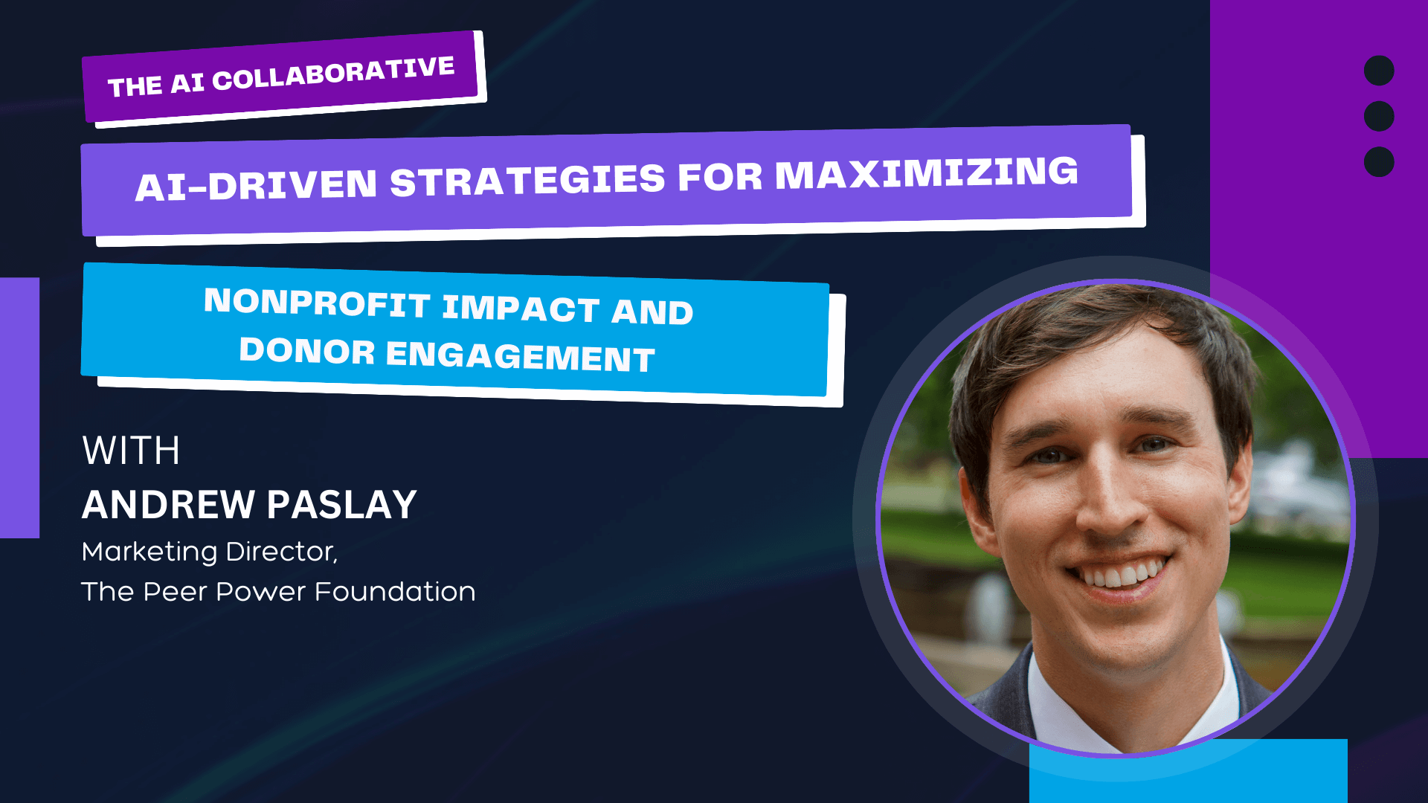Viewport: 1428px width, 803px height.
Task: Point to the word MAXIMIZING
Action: point(926,172)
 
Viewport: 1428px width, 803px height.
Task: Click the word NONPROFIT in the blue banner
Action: point(318,303)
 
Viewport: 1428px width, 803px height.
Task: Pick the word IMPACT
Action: point(521,308)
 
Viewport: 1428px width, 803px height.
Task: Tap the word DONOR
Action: point(306,350)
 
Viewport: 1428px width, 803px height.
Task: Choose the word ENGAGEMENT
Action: point(520,355)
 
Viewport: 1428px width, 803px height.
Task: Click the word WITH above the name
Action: point(131,451)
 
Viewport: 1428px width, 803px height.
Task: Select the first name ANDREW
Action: point(168,505)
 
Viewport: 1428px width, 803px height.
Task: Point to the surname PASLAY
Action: point(341,505)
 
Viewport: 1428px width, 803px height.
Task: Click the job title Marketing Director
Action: point(210,552)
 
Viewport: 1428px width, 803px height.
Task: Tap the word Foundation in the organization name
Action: point(395,592)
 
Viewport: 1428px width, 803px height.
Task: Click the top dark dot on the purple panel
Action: point(1379,71)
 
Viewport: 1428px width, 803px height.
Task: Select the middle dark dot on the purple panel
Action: point(1379,116)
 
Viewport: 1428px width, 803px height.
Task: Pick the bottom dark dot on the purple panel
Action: point(1379,162)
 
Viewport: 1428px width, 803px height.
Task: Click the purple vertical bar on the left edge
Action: point(19,407)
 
